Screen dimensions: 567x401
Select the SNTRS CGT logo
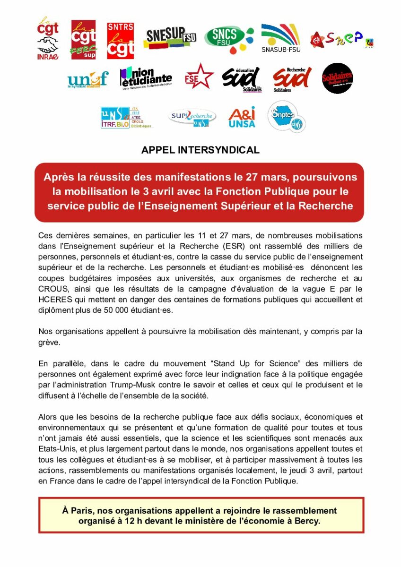coord(120,40)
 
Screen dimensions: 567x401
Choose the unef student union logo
coord(88,79)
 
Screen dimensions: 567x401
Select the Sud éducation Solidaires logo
coord(242,79)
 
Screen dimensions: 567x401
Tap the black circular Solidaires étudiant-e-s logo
coord(337,78)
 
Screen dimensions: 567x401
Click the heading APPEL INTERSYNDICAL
coord(200,150)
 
